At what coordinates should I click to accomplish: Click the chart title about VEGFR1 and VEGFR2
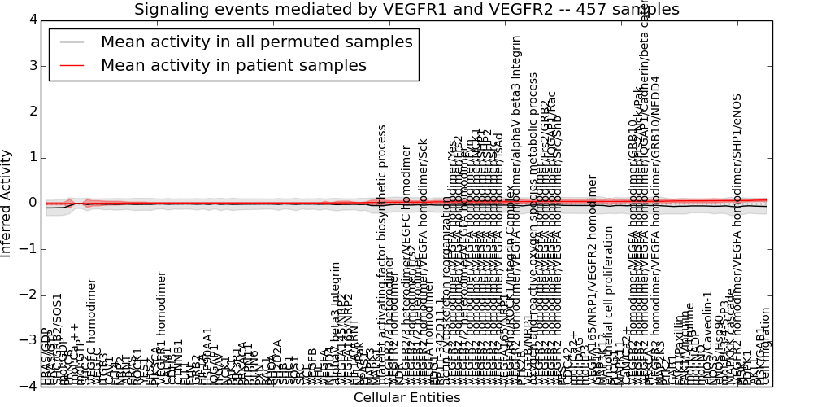click(406, 9)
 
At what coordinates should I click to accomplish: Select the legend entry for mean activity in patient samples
click(233, 65)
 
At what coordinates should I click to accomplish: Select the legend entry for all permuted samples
click(257, 42)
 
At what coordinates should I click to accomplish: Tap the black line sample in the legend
click(72, 42)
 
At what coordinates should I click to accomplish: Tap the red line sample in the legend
click(72, 65)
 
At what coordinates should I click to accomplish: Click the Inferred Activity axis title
click(7, 203)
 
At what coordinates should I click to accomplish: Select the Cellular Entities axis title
click(406, 397)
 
